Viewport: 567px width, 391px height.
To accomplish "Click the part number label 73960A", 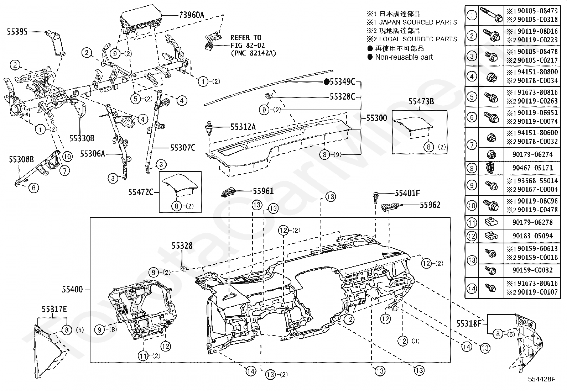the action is pos(191,15).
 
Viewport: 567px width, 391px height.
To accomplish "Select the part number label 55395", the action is pos(17,32).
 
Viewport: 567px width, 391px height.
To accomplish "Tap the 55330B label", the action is pos(82,138).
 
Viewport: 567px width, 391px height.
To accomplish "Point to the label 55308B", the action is pos(21,159).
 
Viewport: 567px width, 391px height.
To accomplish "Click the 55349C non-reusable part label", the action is pos(340,82).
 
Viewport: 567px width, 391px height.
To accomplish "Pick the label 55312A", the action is pos(243,127).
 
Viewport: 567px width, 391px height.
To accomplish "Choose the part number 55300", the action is pos(377,118).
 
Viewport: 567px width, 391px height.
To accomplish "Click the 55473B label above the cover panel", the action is pos(421,101).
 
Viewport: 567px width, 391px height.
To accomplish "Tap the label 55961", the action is pos(263,191).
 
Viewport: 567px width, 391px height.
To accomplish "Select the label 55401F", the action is pos(407,193).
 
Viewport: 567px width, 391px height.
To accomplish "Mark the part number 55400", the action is pos(72,289).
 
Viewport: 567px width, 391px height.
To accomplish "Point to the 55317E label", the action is pos(54,309).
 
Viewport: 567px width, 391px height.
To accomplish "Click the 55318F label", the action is pos(469,323).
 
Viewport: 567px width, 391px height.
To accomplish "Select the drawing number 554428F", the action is pos(541,379).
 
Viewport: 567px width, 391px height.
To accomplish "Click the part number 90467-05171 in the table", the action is pos(532,168).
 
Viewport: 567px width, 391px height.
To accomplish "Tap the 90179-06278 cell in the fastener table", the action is pos(532,222).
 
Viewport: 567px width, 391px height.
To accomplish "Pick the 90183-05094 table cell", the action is pos(532,236).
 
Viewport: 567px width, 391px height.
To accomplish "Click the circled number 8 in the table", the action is pos(472,168).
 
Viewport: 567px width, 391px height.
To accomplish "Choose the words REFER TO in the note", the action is pos(246,38).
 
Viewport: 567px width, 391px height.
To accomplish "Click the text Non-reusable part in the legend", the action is pos(404,57).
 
